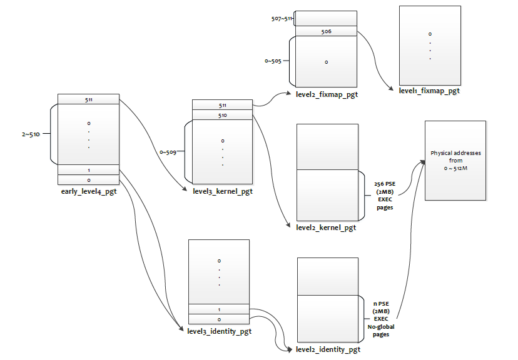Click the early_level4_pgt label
tap(88, 190)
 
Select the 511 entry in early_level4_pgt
tap(88, 99)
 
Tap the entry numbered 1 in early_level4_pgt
tap(88, 170)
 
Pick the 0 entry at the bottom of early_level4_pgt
tap(88, 180)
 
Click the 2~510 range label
tap(31, 134)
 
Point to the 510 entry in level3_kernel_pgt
tap(223, 115)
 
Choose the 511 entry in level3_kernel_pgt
tap(223, 106)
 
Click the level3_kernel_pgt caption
tap(223, 191)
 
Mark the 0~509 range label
tap(170, 151)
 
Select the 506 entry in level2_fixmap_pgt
tap(325, 31)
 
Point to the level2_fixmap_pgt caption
tap(326, 94)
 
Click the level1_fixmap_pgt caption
tap(429, 91)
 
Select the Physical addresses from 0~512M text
tap(455, 160)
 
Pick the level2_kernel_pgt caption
tap(326, 227)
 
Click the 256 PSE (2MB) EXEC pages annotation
tap(384, 191)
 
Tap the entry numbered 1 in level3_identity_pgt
tap(219, 309)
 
